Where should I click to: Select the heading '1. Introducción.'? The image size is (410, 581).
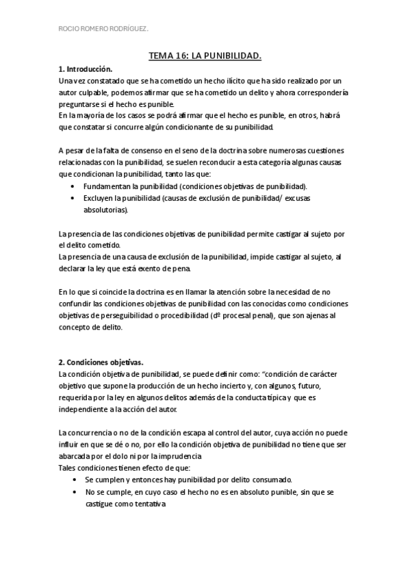tap(85, 70)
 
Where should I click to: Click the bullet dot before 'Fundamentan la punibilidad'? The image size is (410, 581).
tap(73, 186)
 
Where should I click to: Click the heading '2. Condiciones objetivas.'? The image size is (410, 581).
tap(101, 362)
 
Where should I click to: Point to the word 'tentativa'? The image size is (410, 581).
tap(149, 504)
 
